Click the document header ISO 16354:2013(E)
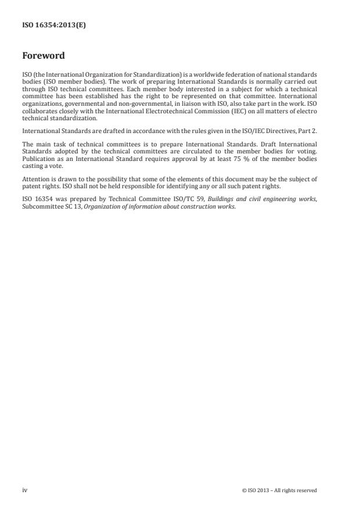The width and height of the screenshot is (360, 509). coord(54,26)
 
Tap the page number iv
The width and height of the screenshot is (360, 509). coord(24,490)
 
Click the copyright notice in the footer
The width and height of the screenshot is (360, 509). coord(279,490)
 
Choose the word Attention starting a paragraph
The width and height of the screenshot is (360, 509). coord(35,180)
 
